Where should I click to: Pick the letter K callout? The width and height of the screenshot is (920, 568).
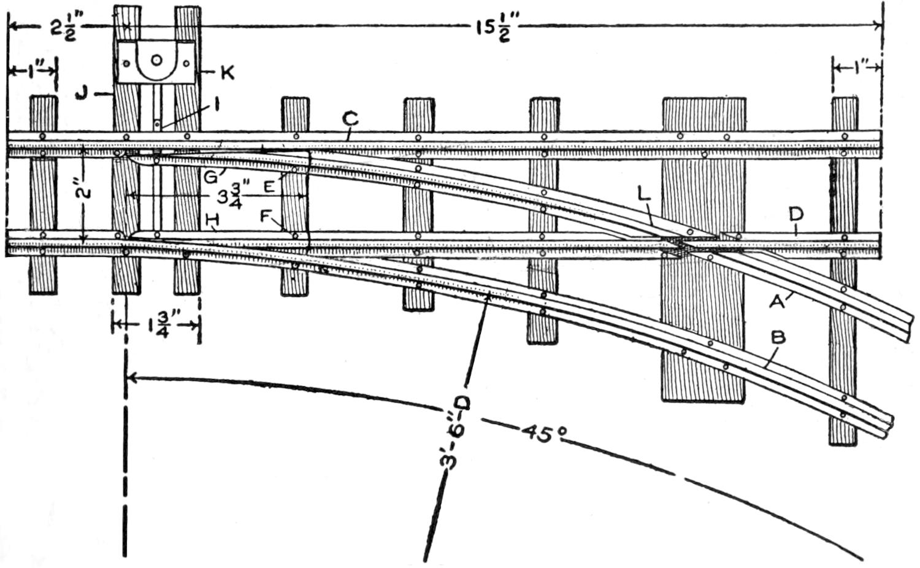pos(227,73)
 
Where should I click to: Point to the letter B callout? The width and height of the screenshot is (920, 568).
pos(778,337)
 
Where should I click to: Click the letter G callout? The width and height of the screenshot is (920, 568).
pos(210,178)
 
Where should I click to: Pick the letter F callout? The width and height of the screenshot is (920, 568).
pos(266,215)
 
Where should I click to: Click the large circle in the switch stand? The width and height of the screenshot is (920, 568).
pos(156,60)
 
